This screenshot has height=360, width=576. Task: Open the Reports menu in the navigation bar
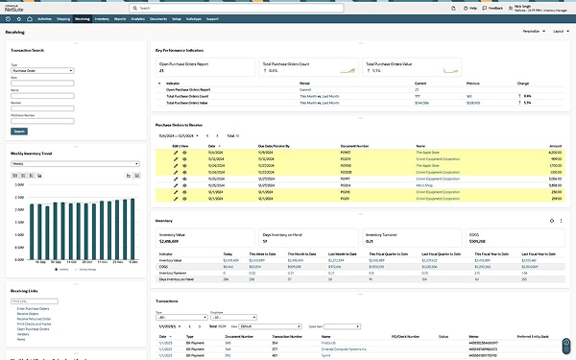120,18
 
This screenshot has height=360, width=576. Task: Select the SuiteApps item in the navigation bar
193,18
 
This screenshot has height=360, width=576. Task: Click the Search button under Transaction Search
19,131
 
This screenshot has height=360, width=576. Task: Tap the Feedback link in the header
495,7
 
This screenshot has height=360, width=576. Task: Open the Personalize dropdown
522,32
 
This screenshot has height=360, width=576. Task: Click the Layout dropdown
558,32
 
